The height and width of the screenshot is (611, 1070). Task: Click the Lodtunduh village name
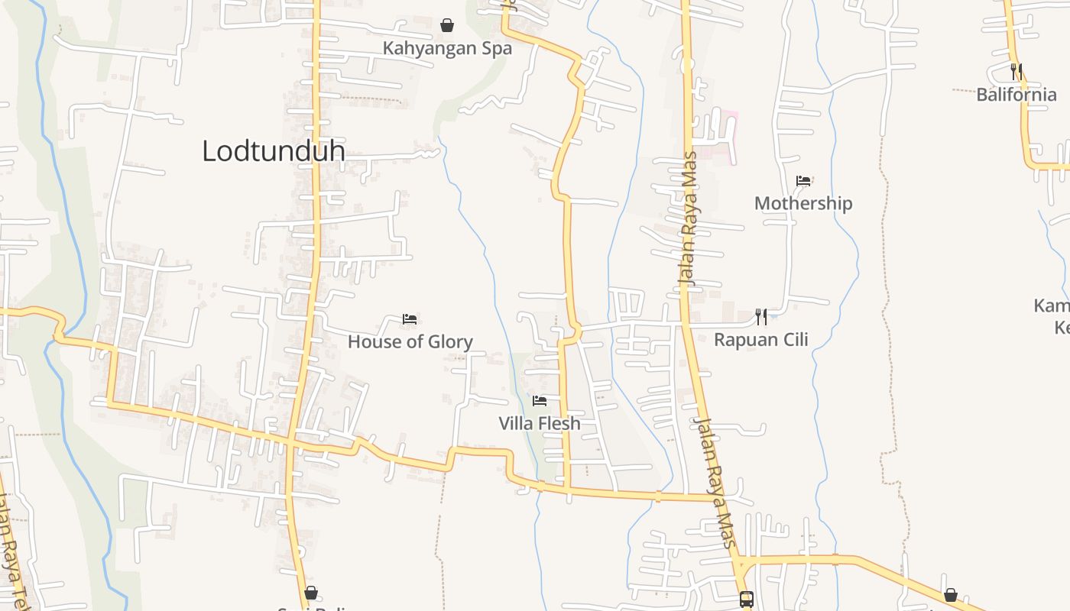(273, 151)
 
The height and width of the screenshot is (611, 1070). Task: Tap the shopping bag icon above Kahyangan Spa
(447, 25)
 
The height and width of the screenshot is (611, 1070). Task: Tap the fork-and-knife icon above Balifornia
(1016, 72)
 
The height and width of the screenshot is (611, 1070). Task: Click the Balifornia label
(1016, 95)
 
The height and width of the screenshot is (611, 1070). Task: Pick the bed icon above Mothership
(803, 181)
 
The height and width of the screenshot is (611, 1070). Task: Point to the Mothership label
(803, 203)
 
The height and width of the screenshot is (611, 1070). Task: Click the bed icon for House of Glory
(410, 319)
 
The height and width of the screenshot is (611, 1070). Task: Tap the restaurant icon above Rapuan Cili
(761, 316)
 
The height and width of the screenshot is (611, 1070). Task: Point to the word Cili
(793, 340)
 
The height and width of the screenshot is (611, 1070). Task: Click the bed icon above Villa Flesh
(540, 400)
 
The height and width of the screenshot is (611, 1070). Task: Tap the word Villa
(517, 423)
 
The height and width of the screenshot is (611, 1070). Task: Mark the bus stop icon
(747, 600)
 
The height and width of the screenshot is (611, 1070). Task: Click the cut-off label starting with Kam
(1052, 306)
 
